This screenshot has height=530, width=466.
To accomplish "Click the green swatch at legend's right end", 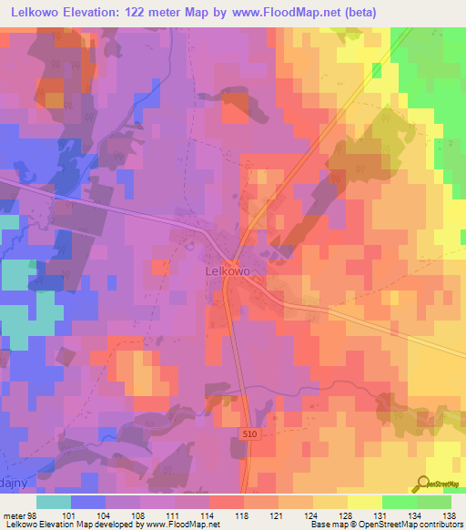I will pyautogui.click(x=433, y=502).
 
